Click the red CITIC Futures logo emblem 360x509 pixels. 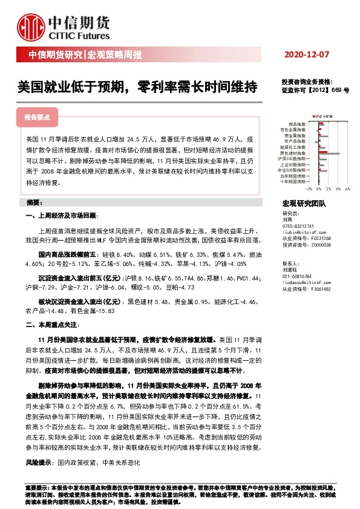30,26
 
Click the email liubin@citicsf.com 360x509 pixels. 304,232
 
